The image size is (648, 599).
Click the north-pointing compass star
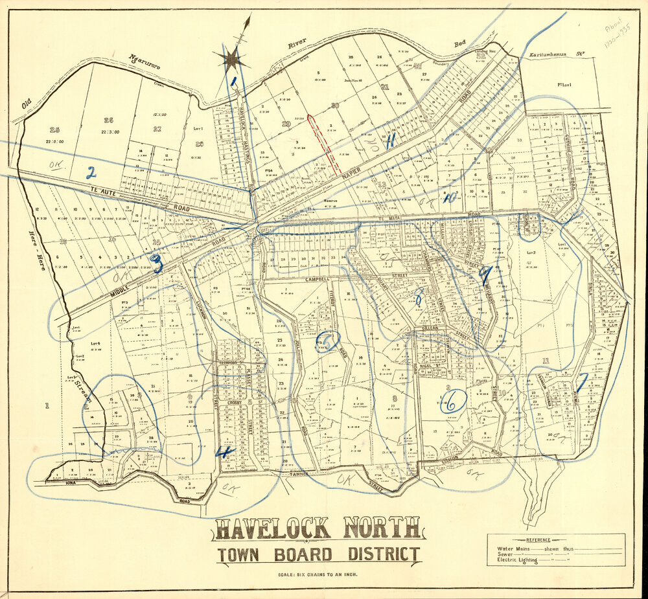click(x=232, y=60)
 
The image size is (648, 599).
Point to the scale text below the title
click(x=318, y=574)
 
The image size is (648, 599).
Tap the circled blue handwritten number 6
click(x=452, y=401)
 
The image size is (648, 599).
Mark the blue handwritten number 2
click(x=91, y=172)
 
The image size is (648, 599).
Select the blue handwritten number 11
click(x=391, y=142)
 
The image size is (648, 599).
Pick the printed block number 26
click(x=108, y=120)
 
